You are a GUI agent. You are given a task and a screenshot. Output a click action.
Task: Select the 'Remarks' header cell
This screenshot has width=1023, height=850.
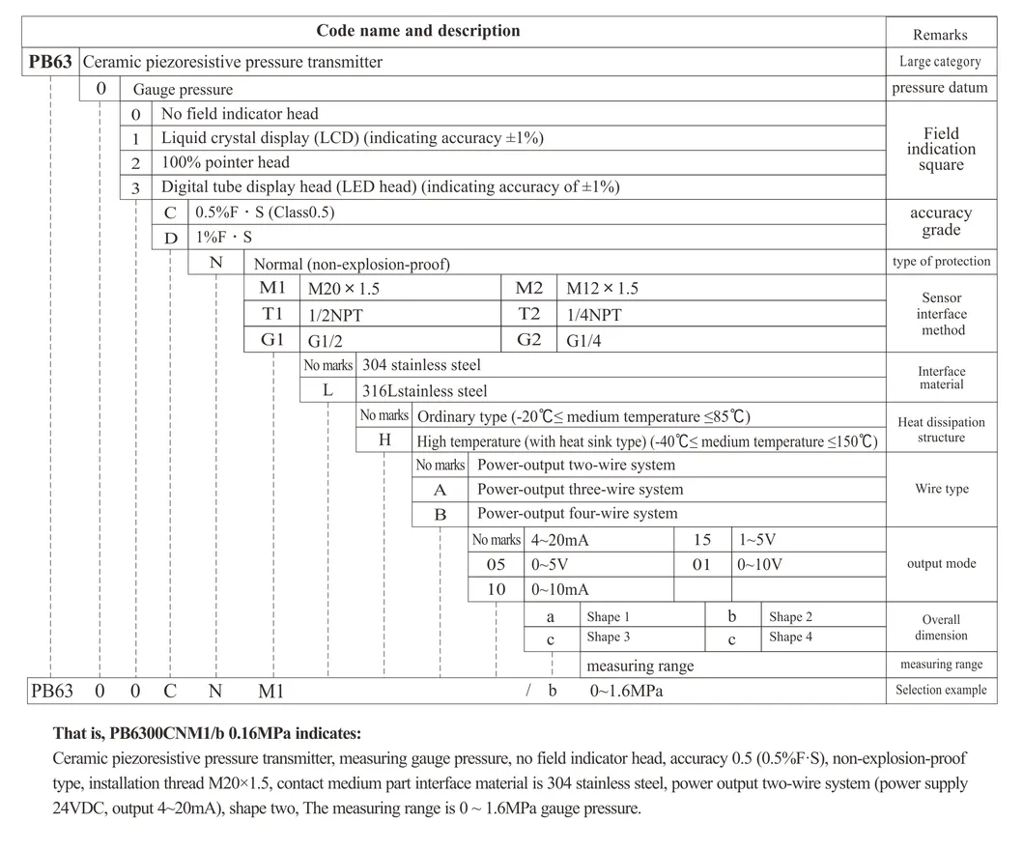[940, 35]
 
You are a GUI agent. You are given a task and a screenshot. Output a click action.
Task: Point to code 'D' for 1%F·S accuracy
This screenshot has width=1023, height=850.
[170, 237]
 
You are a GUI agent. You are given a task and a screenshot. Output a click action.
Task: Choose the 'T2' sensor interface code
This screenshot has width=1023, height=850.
[529, 314]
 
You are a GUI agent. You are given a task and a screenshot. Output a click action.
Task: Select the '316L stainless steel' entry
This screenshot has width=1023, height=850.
[424, 391]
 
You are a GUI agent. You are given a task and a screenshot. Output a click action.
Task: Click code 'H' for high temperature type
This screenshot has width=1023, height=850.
[384, 440]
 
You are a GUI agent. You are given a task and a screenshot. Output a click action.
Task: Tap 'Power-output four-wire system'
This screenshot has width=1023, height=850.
[577, 514]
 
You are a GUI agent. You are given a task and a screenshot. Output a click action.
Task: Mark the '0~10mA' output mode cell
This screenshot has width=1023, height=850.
[560, 589]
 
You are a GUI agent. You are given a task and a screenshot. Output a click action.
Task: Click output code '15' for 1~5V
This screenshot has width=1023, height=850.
[702, 540]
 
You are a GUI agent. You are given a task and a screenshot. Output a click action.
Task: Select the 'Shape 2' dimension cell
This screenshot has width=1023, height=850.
[790, 616]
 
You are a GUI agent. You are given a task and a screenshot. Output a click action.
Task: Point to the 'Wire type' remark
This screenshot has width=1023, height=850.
[941, 489]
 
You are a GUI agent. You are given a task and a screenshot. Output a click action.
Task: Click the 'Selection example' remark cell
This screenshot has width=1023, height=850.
[940, 690]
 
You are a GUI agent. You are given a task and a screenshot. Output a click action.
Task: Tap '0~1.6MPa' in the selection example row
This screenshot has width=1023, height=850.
[627, 692]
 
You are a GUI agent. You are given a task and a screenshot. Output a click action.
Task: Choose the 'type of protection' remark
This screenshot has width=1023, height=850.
[941, 262]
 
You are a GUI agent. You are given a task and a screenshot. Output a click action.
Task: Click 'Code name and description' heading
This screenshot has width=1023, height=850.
[417, 31]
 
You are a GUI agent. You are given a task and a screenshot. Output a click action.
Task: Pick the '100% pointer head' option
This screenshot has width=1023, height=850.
[225, 162]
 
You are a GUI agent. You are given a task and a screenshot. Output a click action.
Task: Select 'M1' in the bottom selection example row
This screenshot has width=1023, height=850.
[271, 692]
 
